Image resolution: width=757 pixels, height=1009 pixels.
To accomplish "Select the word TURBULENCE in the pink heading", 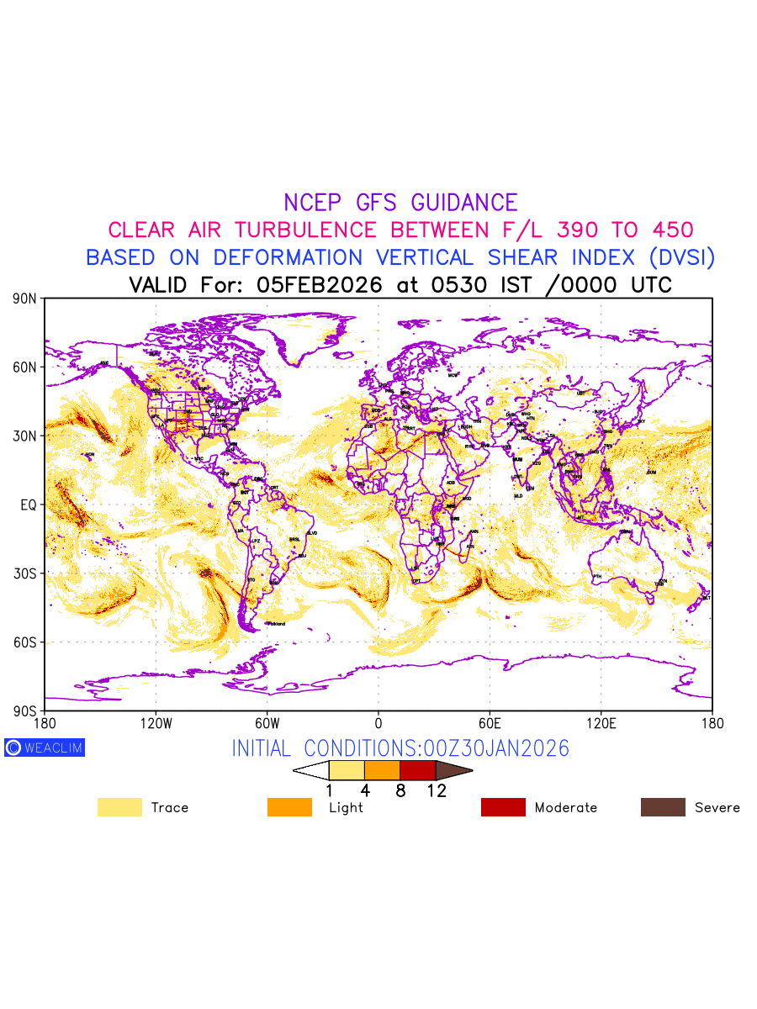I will (304, 230).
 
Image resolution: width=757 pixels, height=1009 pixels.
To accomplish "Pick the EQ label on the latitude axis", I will (29, 504).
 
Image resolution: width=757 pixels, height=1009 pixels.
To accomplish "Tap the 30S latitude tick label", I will (25, 573).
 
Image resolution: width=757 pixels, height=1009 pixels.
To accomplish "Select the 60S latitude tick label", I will (25, 642).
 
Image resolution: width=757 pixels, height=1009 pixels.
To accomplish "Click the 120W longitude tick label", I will (156, 723).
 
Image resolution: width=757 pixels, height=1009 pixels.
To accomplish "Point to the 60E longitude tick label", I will (490, 723).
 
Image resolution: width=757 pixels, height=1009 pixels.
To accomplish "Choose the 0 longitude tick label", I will (378, 723).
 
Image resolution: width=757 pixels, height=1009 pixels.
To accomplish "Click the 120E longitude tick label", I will (601, 723).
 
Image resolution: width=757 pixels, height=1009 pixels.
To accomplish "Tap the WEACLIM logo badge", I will (45, 748).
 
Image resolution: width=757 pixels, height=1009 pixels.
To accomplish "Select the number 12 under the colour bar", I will (436, 791).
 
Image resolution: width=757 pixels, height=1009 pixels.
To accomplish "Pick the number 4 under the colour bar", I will (364, 791).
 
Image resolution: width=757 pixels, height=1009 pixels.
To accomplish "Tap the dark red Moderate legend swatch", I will (503, 807).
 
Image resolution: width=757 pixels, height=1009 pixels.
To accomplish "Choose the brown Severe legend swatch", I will (663, 807).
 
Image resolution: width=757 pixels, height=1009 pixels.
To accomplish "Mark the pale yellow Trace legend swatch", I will (119, 807).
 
